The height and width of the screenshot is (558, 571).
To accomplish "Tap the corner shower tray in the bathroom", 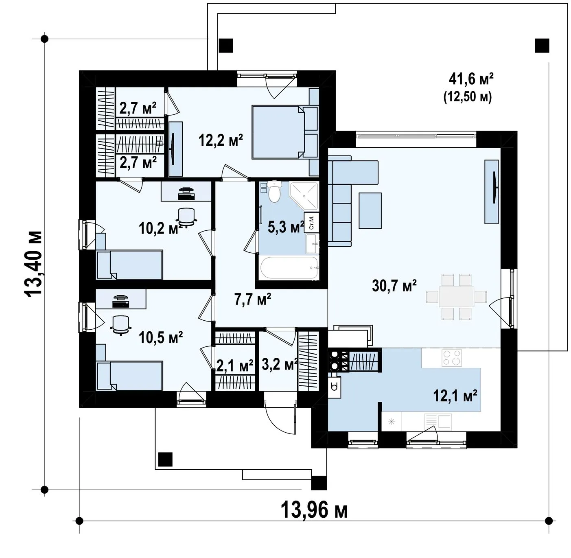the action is point(304,196).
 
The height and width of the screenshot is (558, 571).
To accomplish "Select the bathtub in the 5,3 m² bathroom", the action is point(289,268).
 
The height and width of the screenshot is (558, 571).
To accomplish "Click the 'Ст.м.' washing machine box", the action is point(312,222).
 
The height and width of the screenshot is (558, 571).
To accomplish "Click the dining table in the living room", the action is point(456,297).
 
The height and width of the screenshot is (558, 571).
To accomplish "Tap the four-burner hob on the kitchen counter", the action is point(452,358).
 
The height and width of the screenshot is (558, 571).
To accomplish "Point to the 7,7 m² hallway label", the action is point(253,300).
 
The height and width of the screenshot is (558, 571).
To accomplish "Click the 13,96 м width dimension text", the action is point(314,510).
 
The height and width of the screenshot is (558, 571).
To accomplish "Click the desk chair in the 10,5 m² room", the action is point(120,325).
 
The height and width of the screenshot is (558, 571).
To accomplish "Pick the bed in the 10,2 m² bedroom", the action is point(129,265).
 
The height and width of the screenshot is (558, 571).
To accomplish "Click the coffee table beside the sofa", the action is point(370,210).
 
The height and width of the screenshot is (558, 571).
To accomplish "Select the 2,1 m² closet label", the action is point(235,366).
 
